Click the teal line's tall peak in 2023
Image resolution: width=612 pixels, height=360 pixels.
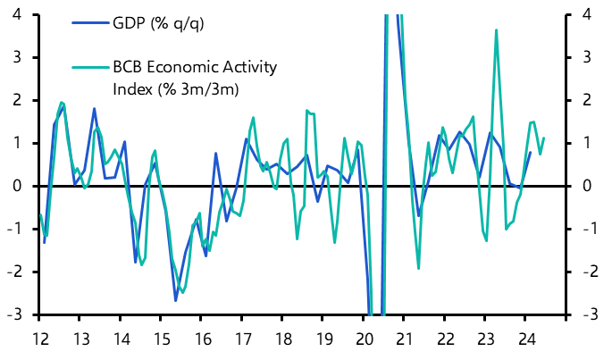[496, 30]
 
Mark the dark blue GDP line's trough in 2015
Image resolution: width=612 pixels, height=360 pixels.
[176, 300]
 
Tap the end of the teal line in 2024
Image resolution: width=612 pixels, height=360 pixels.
[544, 138]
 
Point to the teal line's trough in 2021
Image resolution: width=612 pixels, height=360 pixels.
[419, 268]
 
